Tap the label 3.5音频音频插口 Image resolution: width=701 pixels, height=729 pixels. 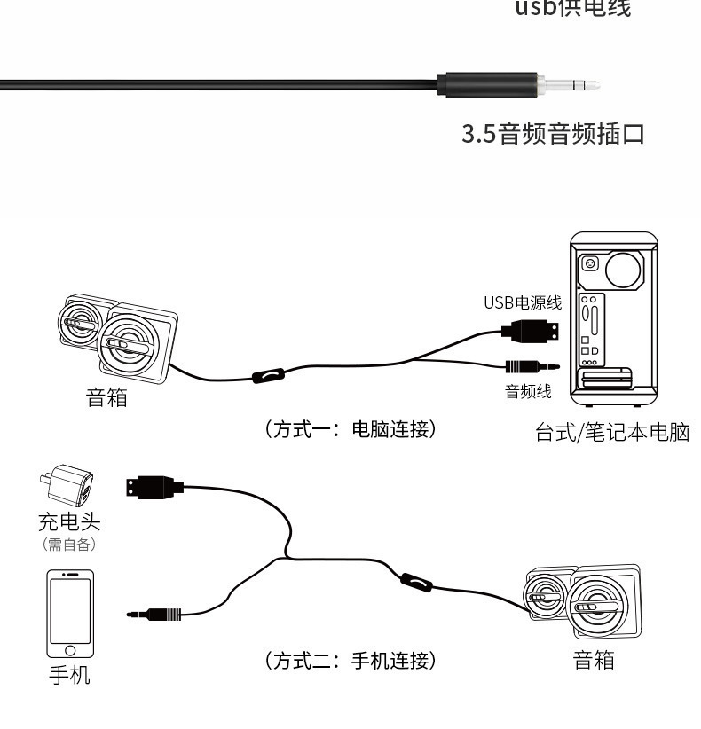pyautogui.click(x=552, y=136)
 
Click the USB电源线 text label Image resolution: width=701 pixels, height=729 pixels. pyautogui.click(x=522, y=302)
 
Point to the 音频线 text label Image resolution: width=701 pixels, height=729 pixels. pyautogui.click(x=528, y=391)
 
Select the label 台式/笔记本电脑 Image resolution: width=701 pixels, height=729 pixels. pyautogui.click(x=612, y=435)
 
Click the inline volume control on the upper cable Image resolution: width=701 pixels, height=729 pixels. pyautogui.click(x=267, y=376)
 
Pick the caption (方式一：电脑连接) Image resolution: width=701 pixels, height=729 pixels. pyautogui.click(x=350, y=429)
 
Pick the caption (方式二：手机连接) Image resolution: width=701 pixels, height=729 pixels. pyautogui.click(x=350, y=661)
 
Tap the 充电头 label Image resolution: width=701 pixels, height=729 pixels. pyautogui.click(x=68, y=522)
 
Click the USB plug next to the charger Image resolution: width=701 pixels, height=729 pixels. pyautogui.click(x=154, y=487)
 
